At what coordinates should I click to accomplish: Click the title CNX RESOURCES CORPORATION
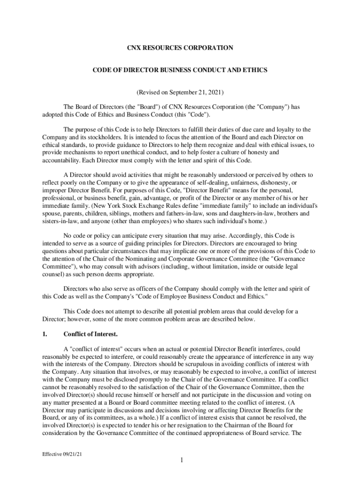(x=180, y=48)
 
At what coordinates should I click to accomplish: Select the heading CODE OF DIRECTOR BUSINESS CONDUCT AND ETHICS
(x=180, y=70)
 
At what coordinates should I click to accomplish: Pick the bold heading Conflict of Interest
(x=91, y=334)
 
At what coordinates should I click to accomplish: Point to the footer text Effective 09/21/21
(x=57, y=454)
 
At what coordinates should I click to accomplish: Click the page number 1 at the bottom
(x=180, y=461)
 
